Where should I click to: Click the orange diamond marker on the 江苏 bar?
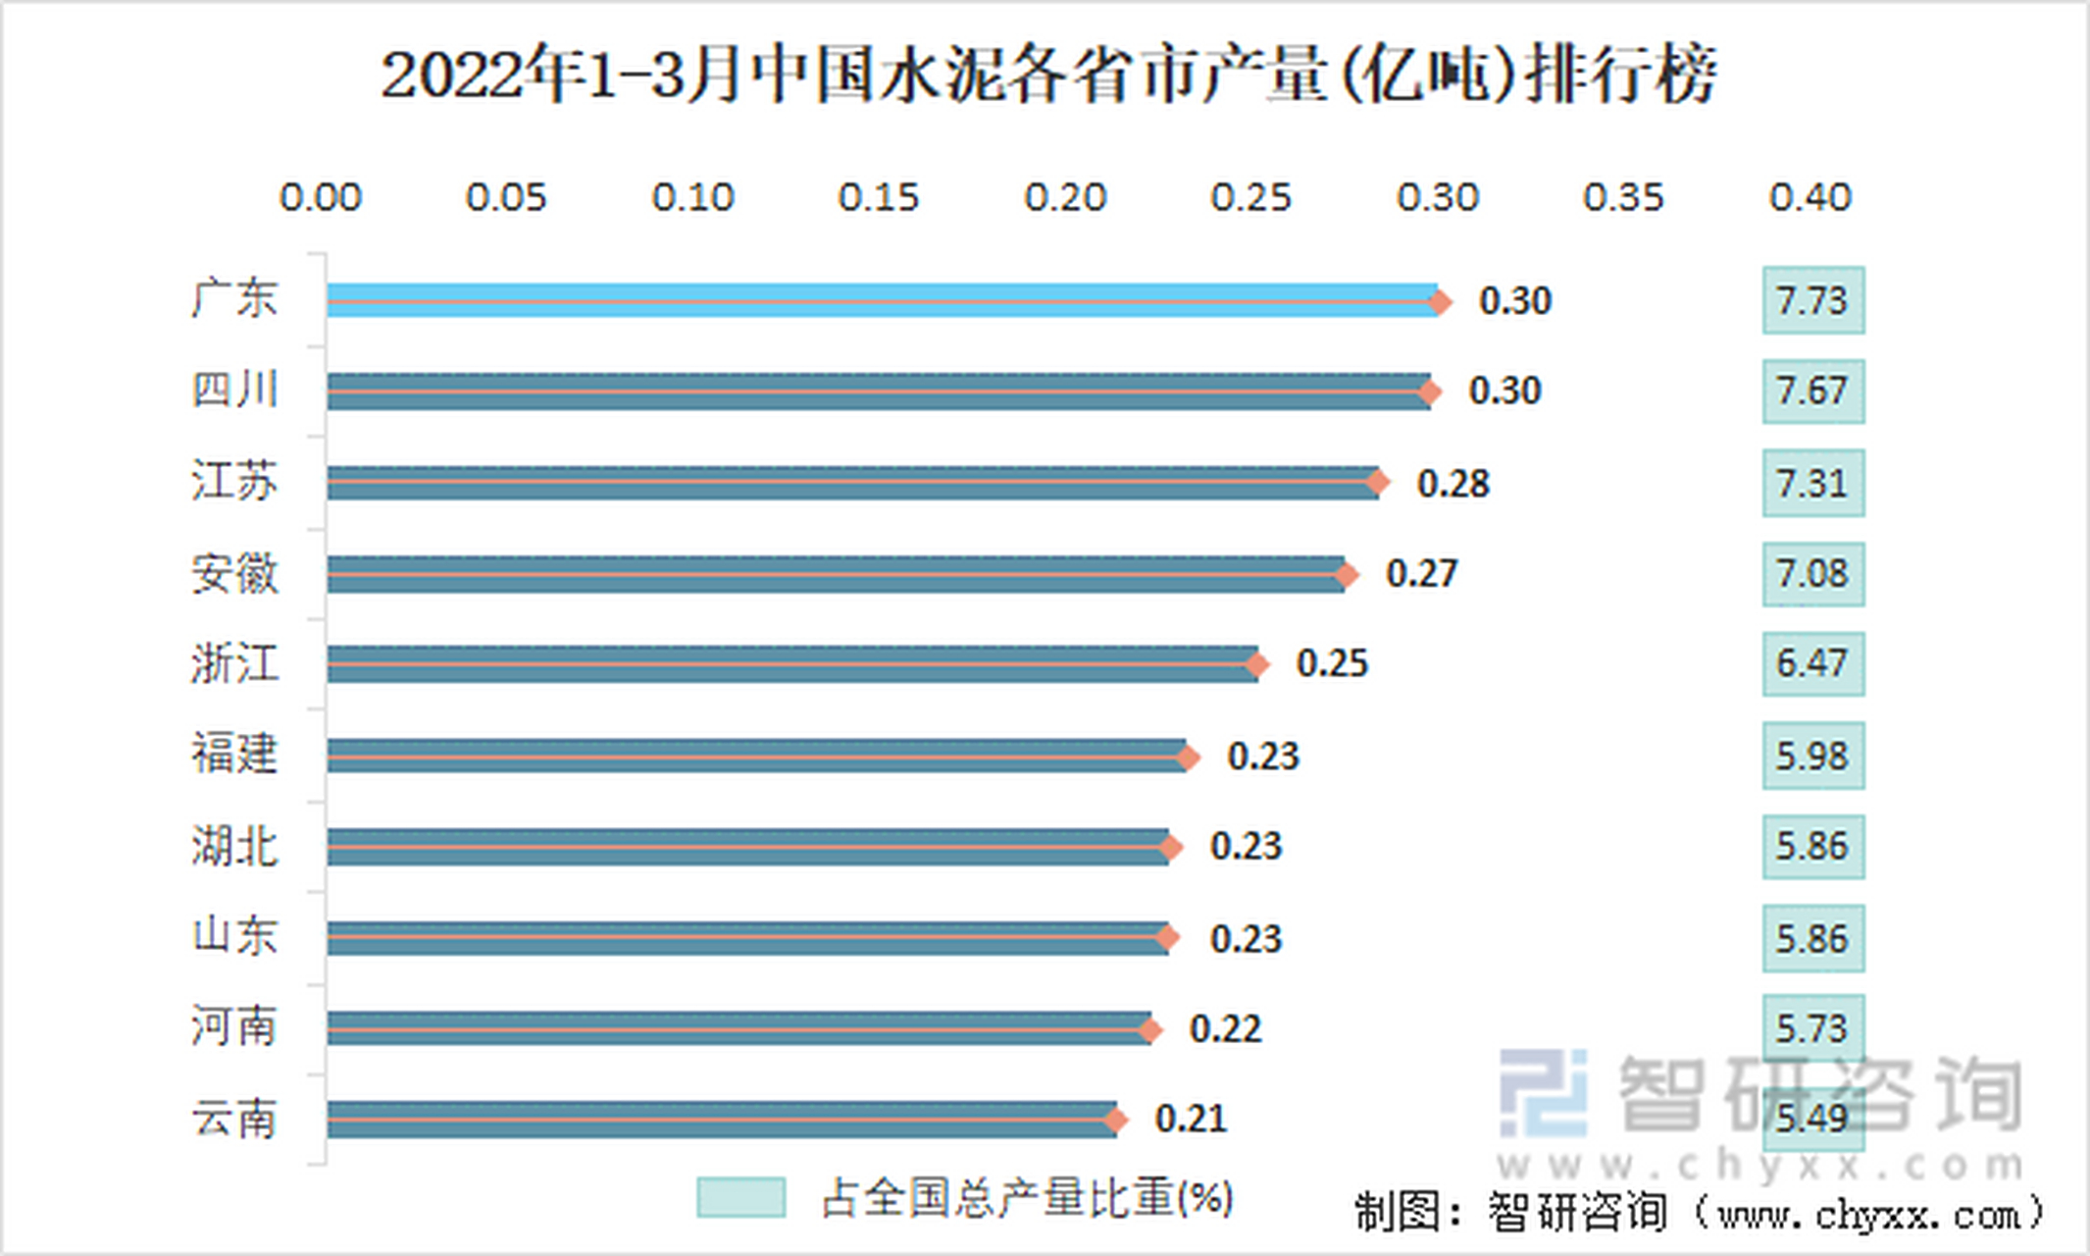1378,482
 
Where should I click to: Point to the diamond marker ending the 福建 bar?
1188,757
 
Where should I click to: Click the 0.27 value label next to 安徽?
1421,574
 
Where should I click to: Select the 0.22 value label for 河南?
1225,1029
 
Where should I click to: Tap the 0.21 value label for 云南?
1191,1120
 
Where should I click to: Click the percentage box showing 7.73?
1812,300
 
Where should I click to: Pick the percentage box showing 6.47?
1812,664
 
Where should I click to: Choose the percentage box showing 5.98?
1812,757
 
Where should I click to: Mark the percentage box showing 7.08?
1812,574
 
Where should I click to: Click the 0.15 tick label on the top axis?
879,198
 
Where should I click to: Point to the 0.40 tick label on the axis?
1810,198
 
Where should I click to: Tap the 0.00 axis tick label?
321,198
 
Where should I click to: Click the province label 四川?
234,390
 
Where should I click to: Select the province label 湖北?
234,847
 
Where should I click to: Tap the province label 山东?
234,935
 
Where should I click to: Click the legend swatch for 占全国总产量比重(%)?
740,1198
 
